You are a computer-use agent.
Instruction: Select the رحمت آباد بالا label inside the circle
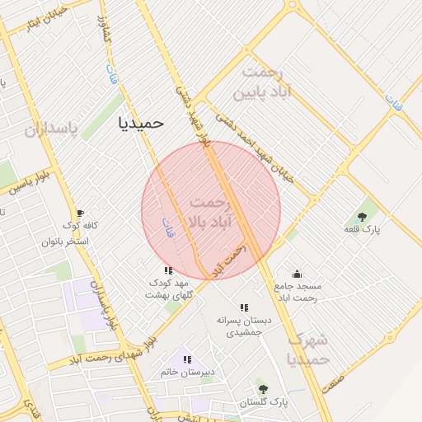click(x=211, y=213)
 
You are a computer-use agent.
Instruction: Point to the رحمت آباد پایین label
click(x=264, y=83)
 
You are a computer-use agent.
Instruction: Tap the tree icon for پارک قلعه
click(x=363, y=212)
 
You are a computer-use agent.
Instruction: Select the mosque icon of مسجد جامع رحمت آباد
click(x=297, y=274)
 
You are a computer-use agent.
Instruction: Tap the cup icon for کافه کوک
click(x=79, y=212)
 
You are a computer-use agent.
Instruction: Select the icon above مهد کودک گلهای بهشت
click(x=168, y=270)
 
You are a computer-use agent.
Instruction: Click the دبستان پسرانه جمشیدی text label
click(x=244, y=325)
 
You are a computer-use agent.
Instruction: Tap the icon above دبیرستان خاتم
click(x=187, y=359)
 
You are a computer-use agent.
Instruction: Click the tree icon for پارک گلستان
click(x=263, y=389)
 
